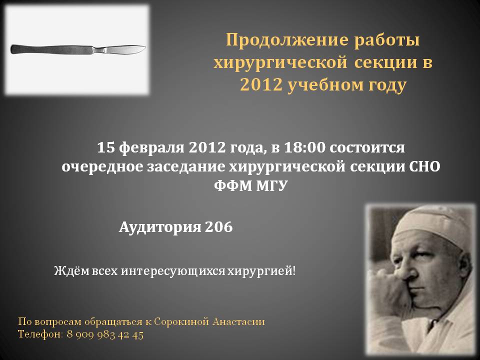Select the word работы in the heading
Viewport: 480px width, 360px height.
pos(387,40)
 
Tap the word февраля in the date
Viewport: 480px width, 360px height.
pos(151,147)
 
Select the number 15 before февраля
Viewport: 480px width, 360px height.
pos(106,147)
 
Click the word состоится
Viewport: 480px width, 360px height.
pos(367,148)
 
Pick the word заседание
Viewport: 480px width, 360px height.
pos(186,167)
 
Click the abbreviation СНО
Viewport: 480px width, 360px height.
pos(424,167)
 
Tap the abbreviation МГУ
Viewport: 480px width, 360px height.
pos(271,185)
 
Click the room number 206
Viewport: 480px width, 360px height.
pos(219,227)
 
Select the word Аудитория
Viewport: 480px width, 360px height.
pos(160,227)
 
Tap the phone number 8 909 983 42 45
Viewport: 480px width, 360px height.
pos(105,334)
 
